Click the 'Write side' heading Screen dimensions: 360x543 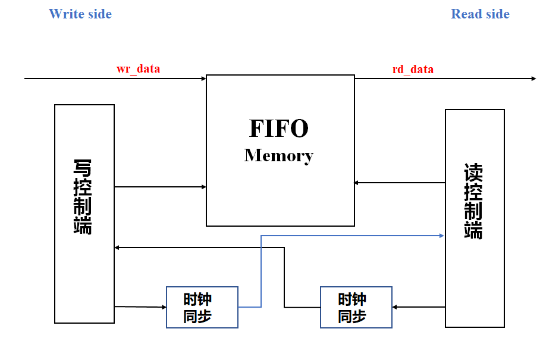80,14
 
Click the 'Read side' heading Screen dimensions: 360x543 480,14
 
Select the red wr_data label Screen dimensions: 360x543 138,68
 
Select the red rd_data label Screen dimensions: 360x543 413,69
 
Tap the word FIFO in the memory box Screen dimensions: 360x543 278,128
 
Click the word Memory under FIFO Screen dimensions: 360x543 278,155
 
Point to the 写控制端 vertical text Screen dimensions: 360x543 83,196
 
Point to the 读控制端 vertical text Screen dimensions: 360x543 473,201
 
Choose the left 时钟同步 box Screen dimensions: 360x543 202,307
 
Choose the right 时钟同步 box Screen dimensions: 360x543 356,307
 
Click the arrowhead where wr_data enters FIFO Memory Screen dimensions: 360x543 203,78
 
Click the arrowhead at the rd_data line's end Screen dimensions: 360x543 533,78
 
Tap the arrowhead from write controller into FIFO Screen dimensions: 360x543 203,187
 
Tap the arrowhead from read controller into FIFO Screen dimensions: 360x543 357,183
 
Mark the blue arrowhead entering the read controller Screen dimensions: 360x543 442,236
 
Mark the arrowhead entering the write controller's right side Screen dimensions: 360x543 118,247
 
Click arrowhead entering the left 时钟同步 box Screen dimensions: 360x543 164,307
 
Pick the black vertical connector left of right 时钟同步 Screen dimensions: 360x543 284,277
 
